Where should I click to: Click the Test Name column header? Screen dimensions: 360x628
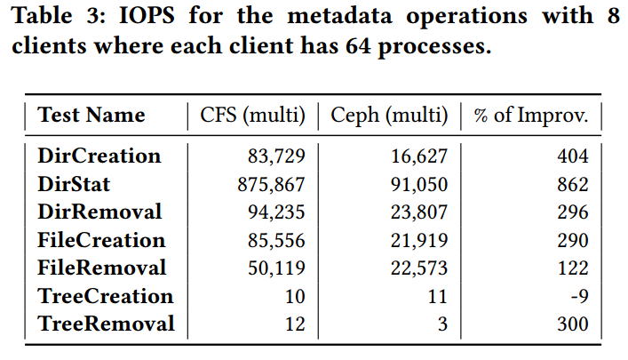91,115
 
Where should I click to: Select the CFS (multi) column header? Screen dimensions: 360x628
252,115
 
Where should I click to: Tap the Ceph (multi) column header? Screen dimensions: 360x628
389,115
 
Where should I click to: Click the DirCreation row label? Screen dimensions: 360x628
99,156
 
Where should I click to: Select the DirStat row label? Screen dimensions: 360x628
75,185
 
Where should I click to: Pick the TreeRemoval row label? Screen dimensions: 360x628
106,324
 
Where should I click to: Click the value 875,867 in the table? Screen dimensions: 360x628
270,185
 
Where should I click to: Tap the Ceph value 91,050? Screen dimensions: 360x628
418,185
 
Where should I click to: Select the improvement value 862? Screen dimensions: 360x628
572,185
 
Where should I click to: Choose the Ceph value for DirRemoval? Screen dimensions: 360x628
418,212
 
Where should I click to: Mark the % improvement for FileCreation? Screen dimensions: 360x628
572,241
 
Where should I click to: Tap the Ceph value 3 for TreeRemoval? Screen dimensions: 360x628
441,324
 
